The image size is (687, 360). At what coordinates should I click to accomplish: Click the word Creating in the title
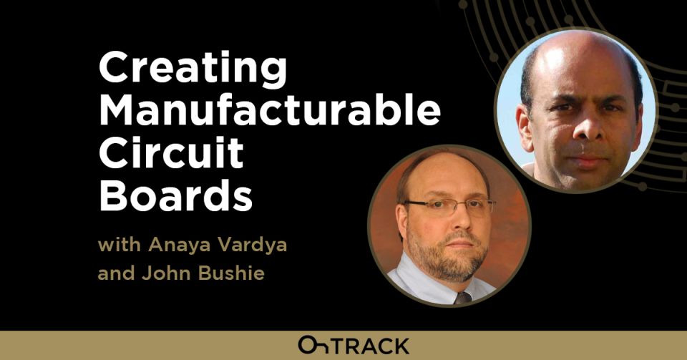click(193, 69)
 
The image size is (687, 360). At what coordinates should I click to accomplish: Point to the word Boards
click(176, 196)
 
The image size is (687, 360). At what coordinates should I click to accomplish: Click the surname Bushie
click(231, 273)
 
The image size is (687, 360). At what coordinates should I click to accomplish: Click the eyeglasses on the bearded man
click(449, 206)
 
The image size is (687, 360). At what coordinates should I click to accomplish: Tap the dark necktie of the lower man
click(463, 298)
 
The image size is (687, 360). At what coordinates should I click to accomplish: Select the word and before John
click(116, 273)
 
